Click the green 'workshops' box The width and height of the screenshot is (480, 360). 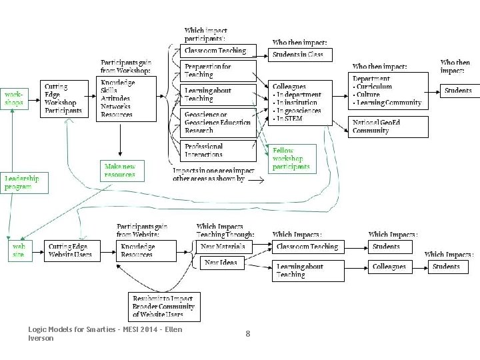14,98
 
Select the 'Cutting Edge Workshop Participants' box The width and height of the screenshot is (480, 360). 64,99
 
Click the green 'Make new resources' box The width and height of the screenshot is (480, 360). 120,171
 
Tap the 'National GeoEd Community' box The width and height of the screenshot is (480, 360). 389,127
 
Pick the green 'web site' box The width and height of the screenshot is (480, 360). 18,251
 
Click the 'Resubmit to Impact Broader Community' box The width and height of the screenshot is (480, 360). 163,307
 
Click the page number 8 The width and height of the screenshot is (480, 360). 247,334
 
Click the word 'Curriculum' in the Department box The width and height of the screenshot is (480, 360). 375,87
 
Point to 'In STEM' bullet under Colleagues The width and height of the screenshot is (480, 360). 289,119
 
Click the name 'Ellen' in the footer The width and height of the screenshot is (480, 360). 173,329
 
